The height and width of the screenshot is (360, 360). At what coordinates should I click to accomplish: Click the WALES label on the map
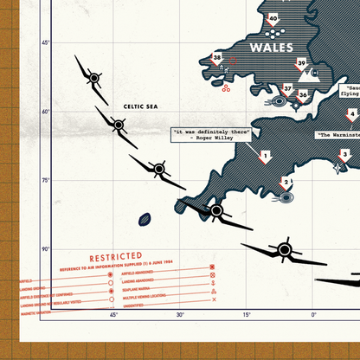coord(271,46)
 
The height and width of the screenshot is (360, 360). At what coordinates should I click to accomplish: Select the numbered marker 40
coord(273,17)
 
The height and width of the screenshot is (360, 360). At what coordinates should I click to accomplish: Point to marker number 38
coord(217,59)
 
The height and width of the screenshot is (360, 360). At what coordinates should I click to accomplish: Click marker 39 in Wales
coord(302,62)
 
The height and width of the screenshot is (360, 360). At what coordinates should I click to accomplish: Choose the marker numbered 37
coord(288,88)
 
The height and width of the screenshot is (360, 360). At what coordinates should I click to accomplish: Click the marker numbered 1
coord(266,157)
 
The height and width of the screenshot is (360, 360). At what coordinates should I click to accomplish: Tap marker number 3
coord(344,155)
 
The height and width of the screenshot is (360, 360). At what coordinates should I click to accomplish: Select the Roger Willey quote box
coord(212,134)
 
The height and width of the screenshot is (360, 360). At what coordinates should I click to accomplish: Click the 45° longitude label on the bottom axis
coord(113,315)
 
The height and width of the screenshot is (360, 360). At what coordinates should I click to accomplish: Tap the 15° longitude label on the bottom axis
coord(247,315)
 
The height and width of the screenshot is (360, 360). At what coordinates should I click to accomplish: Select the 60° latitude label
coord(45,111)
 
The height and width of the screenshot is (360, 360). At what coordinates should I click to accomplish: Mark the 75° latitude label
coord(45,180)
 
